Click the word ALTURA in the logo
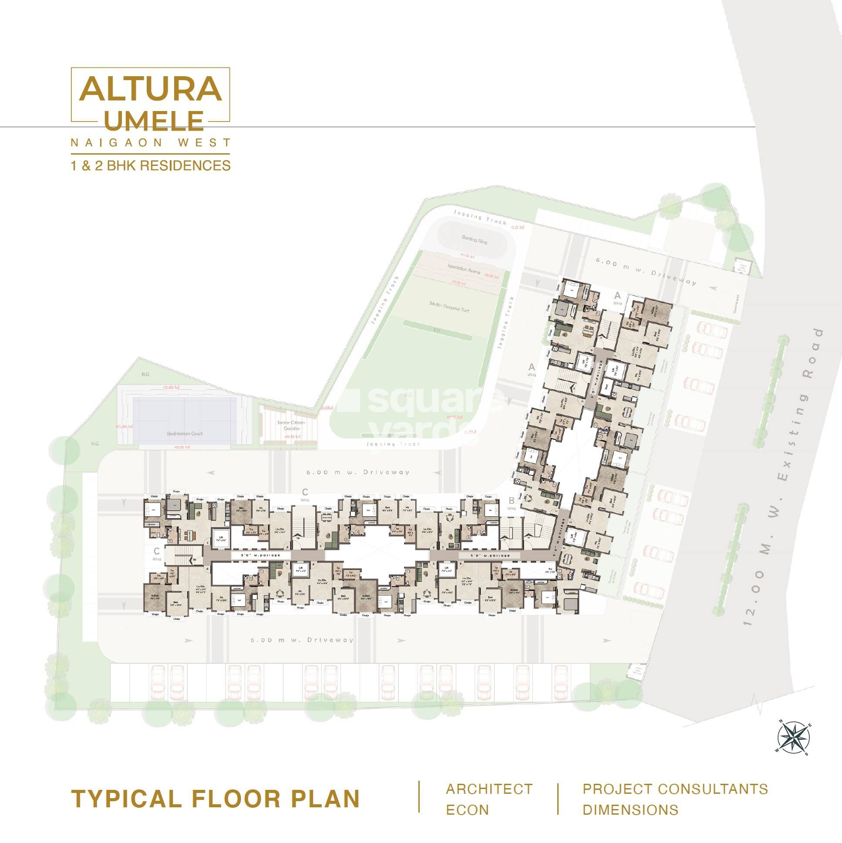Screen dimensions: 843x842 coord(151,89)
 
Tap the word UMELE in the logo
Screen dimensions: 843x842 coord(154,121)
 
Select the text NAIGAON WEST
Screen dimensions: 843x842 coord(151,143)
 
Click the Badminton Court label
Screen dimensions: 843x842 coord(185,434)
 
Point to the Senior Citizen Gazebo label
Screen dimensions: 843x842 coord(291,425)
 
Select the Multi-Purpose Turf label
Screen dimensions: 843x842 coord(449,306)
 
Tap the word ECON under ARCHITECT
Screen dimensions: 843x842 coord(467,810)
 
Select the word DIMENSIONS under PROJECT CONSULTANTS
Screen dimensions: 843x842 coord(630,810)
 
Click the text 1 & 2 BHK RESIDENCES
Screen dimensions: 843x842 coord(151,166)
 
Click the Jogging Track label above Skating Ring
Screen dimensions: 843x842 coord(480,217)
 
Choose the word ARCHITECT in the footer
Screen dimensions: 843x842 coord(488,789)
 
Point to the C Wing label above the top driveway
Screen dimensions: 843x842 coord(305,494)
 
